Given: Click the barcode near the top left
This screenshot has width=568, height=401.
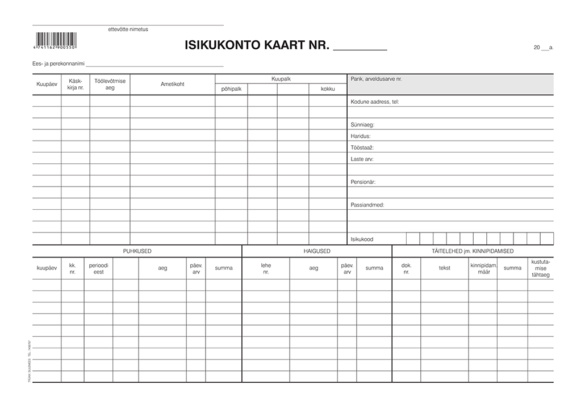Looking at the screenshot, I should (x=57, y=40).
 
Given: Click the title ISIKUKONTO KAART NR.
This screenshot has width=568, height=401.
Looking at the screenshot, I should (x=257, y=46).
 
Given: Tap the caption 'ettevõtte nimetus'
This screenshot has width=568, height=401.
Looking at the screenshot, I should (x=128, y=29).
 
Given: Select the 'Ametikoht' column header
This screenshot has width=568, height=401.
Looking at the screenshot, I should (x=172, y=84).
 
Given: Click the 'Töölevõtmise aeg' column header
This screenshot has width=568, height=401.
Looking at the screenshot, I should (x=110, y=84).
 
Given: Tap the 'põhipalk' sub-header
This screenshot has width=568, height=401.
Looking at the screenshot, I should (x=231, y=89).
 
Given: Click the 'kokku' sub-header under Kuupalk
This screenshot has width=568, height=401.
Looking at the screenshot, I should (x=328, y=89).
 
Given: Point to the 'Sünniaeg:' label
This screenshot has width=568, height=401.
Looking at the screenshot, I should (x=363, y=124).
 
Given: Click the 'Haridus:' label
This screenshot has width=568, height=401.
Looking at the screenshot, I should (x=361, y=136).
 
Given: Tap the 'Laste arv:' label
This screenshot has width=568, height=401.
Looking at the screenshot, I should (x=362, y=159).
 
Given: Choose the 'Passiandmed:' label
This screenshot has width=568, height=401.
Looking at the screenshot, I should (x=367, y=205).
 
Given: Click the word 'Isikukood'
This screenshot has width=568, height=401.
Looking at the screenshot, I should (x=362, y=239).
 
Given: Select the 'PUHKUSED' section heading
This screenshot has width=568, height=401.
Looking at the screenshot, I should (x=137, y=251).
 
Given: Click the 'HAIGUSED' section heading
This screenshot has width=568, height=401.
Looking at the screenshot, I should (x=316, y=251).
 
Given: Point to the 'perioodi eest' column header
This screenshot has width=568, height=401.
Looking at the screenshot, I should (x=98, y=268).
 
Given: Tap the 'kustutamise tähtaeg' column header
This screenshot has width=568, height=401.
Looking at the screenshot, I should (x=540, y=268).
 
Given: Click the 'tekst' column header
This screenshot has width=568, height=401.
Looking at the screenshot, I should (x=444, y=268).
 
